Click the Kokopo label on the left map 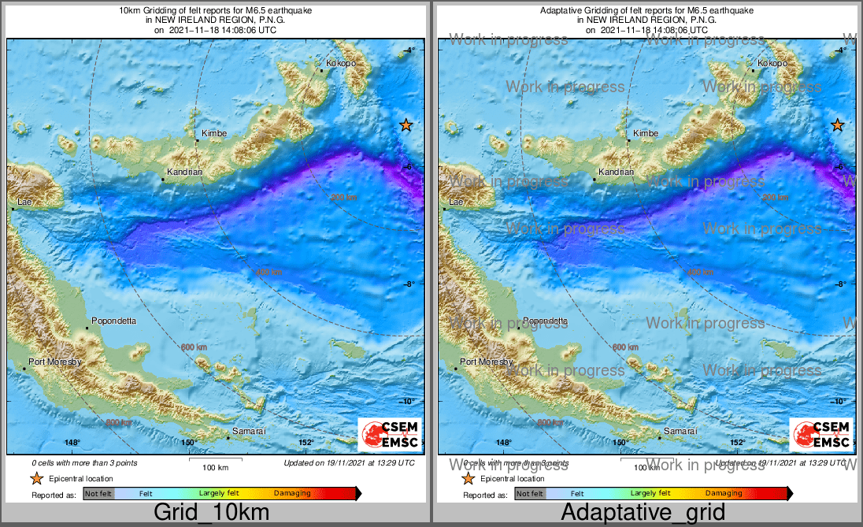[x=340, y=63]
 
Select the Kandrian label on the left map [x=185, y=172]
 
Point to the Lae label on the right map [x=455, y=203]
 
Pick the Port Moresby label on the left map [x=55, y=362]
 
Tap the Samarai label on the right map [x=681, y=432]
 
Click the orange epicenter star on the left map [x=406, y=124]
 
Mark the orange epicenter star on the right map [x=838, y=124]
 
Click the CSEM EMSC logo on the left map [x=390, y=435]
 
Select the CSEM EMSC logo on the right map [x=821, y=435]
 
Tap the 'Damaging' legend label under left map [x=292, y=494]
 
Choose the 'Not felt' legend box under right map [x=530, y=494]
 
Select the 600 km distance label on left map [x=194, y=347]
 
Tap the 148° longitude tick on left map [x=72, y=443]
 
